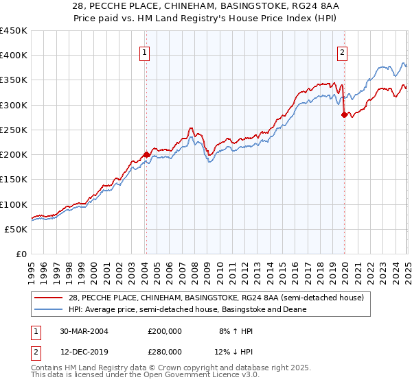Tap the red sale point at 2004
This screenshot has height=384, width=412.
(146, 154)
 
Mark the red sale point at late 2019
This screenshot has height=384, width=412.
(344, 115)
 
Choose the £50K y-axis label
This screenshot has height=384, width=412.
(16, 229)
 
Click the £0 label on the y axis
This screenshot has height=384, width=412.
(21, 254)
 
